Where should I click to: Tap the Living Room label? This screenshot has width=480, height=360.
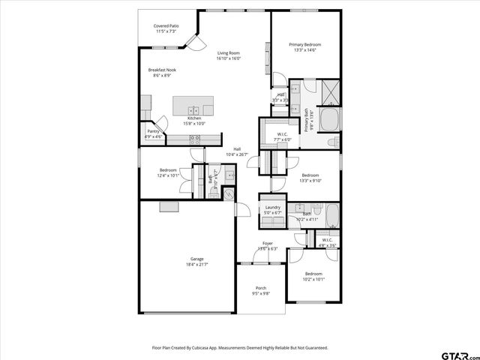pos(228,52)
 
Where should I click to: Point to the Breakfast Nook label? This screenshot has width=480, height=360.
pos(162,70)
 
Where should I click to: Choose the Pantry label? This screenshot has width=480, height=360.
pos(153,131)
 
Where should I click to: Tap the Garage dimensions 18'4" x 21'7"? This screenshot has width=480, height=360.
pos(197,264)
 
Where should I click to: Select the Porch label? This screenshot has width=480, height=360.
pos(261,288)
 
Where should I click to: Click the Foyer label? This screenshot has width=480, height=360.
pos(267,244)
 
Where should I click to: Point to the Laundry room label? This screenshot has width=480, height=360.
pos(272,207)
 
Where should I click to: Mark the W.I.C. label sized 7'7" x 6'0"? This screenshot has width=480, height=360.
pos(282,135)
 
